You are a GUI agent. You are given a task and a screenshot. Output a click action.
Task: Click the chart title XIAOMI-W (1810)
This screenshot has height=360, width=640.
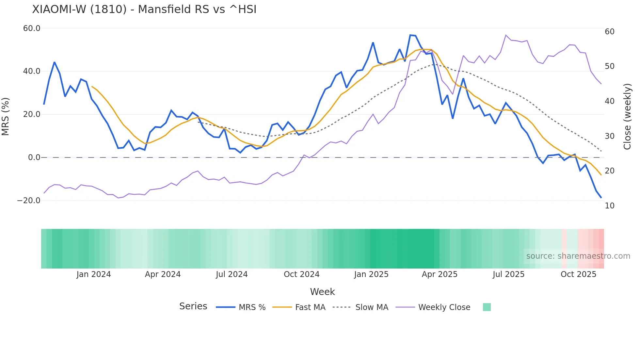pos(144,9)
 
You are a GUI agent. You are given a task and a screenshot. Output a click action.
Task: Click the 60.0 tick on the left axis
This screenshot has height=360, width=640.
pos(32,28)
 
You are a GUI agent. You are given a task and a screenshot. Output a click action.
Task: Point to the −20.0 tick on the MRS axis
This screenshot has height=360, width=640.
pos(29,201)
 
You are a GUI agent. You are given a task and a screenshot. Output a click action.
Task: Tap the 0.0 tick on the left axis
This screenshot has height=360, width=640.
pos(34,157)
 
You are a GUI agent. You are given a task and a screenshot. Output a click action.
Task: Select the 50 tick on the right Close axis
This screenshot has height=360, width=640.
pos(610,66)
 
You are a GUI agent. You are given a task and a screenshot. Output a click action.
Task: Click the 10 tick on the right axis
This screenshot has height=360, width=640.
pos(610,206)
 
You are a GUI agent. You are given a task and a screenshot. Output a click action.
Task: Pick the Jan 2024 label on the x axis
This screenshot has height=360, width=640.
pos(94,274)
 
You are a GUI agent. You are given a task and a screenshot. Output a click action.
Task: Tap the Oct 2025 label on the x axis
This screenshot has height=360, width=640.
pos(578,274)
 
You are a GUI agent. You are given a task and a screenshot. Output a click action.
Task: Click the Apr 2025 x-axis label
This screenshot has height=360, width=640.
pos(440,274)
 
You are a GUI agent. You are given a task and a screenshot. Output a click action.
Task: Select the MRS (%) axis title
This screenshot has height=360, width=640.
pos(6,117)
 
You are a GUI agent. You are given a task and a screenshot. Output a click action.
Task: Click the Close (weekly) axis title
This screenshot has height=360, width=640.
pos(627,117)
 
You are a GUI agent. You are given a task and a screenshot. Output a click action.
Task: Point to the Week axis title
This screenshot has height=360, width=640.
pos(322,292)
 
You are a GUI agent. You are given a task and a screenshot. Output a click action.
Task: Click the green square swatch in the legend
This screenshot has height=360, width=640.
pos(487,307)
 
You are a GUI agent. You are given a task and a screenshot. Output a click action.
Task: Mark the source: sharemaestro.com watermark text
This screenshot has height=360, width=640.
pos(578,256)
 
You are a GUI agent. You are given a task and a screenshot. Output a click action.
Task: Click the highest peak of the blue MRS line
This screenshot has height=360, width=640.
pos(410,35)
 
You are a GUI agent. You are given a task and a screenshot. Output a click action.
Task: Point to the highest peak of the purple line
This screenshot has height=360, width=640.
pos(506,35)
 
